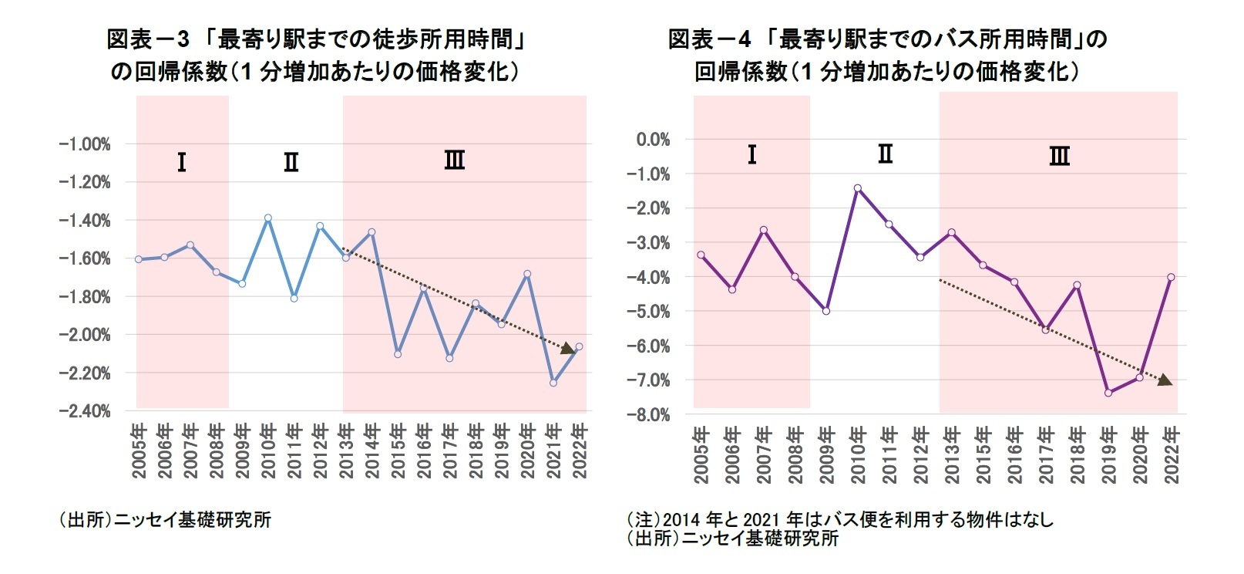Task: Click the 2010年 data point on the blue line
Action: [x=268, y=218]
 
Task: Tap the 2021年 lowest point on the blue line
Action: [x=553, y=383]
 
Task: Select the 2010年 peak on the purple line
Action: [x=857, y=188]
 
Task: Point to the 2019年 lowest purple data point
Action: [x=1108, y=393]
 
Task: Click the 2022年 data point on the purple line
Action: [x=1171, y=277]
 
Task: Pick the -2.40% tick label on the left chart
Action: [x=85, y=411]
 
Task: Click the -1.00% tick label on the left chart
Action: [x=85, y=144]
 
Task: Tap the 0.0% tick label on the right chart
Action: [x=653, y=140]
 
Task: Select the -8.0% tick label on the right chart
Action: [x=648, y=415]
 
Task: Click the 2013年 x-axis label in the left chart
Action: [x=346, y=451]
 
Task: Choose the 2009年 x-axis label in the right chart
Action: [x=826, y=455]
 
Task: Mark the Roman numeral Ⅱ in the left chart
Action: [x=291, y=162]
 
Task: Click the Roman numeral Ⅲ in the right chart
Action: [x=1059, y=157]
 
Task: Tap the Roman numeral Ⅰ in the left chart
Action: [x=181, y=162]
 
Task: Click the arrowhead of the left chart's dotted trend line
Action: [x=569, y=349]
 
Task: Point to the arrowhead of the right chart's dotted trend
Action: [x=1165, y=380]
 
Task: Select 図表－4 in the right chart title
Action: [x=708, y=39]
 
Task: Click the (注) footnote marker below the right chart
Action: [x=643, y=520]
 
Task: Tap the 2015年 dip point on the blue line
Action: [x=398, y=354]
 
